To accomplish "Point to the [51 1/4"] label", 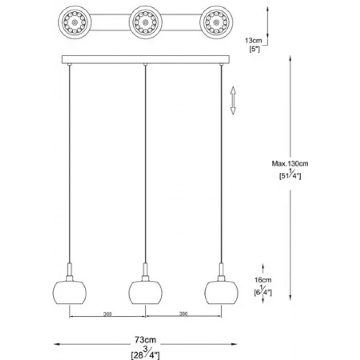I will point(290,175).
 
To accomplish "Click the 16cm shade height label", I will point(264,281).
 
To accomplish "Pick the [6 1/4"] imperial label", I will point(263,292).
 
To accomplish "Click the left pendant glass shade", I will point(69,291).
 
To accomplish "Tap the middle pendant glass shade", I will point(145,291).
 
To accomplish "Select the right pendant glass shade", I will point(221,291).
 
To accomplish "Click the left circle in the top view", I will point(75,23).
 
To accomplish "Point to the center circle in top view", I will point(146,23).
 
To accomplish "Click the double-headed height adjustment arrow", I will point(232,100).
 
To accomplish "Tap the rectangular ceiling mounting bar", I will point(146,59).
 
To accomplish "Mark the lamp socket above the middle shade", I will point(145,271).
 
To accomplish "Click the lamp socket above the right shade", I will point(221,271).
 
